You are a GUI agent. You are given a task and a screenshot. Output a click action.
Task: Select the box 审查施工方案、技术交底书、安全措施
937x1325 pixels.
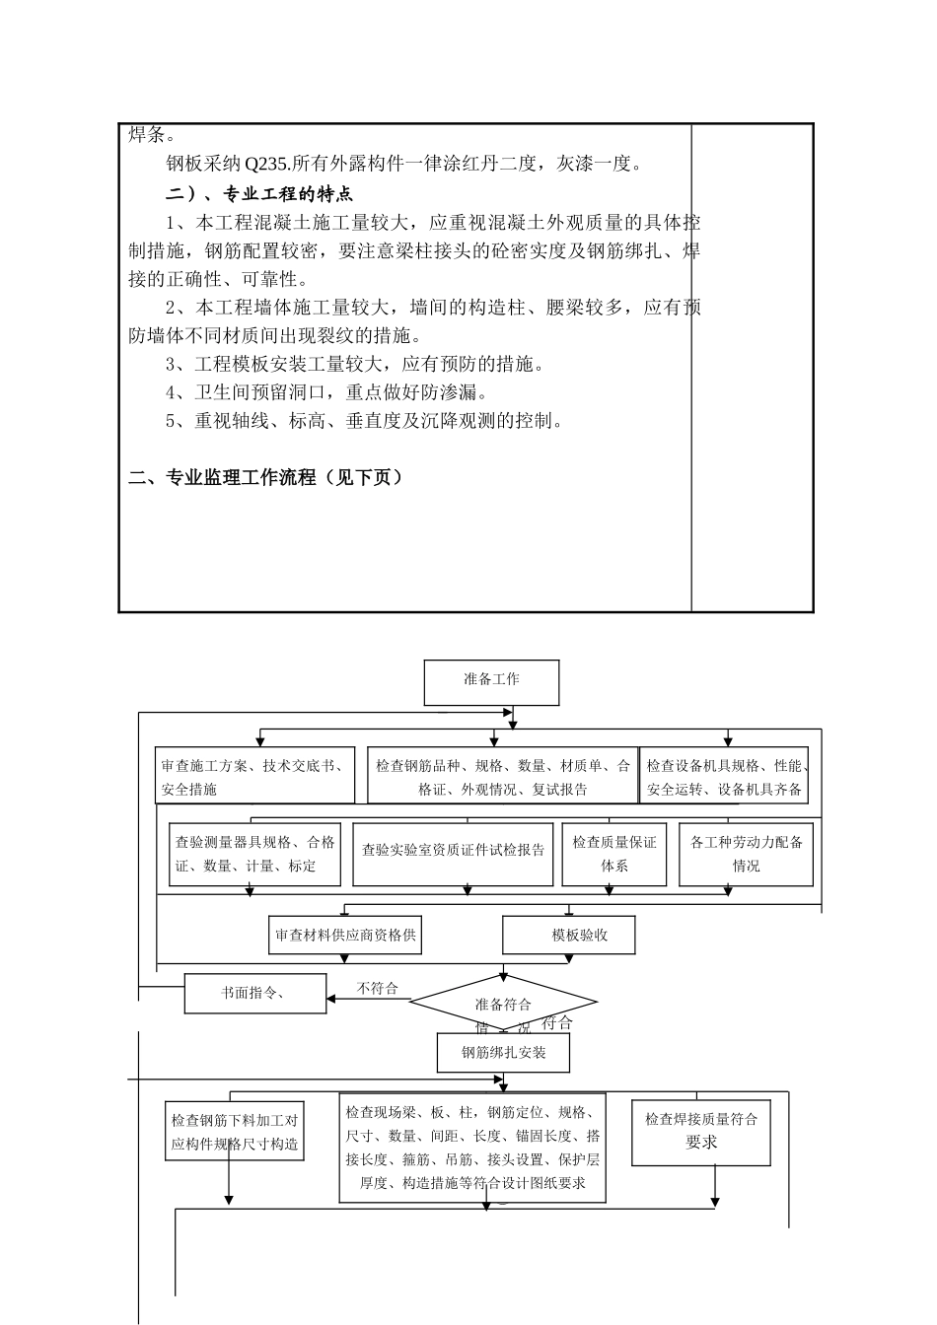254,777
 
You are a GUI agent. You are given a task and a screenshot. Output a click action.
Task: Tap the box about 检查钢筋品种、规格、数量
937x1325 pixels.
503,777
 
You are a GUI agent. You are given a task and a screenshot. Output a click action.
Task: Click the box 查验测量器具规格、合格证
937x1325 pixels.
254,854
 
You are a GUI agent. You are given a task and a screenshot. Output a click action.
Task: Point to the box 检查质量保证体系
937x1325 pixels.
613,854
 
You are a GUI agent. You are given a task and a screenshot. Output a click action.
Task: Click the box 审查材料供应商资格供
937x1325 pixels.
345,935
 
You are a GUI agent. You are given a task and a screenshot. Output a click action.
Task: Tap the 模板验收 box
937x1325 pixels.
569,935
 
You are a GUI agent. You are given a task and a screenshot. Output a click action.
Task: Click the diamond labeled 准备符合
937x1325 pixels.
503,1004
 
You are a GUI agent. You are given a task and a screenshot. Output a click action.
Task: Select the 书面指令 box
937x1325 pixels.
254,993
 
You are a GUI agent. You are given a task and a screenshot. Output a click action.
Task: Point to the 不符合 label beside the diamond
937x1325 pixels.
377,988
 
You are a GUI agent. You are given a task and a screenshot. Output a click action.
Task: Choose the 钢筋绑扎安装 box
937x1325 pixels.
503,1052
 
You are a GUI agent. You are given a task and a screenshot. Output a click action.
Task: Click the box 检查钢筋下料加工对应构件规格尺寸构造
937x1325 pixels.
234,1132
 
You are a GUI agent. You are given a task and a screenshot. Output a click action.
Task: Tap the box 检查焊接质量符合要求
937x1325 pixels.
700,1131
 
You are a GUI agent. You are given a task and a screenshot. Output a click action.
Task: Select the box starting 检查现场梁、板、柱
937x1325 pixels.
472,1147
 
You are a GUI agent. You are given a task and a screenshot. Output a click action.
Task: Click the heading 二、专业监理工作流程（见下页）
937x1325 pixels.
266,477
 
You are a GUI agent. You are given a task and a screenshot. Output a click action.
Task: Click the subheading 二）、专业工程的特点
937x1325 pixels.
258,193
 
